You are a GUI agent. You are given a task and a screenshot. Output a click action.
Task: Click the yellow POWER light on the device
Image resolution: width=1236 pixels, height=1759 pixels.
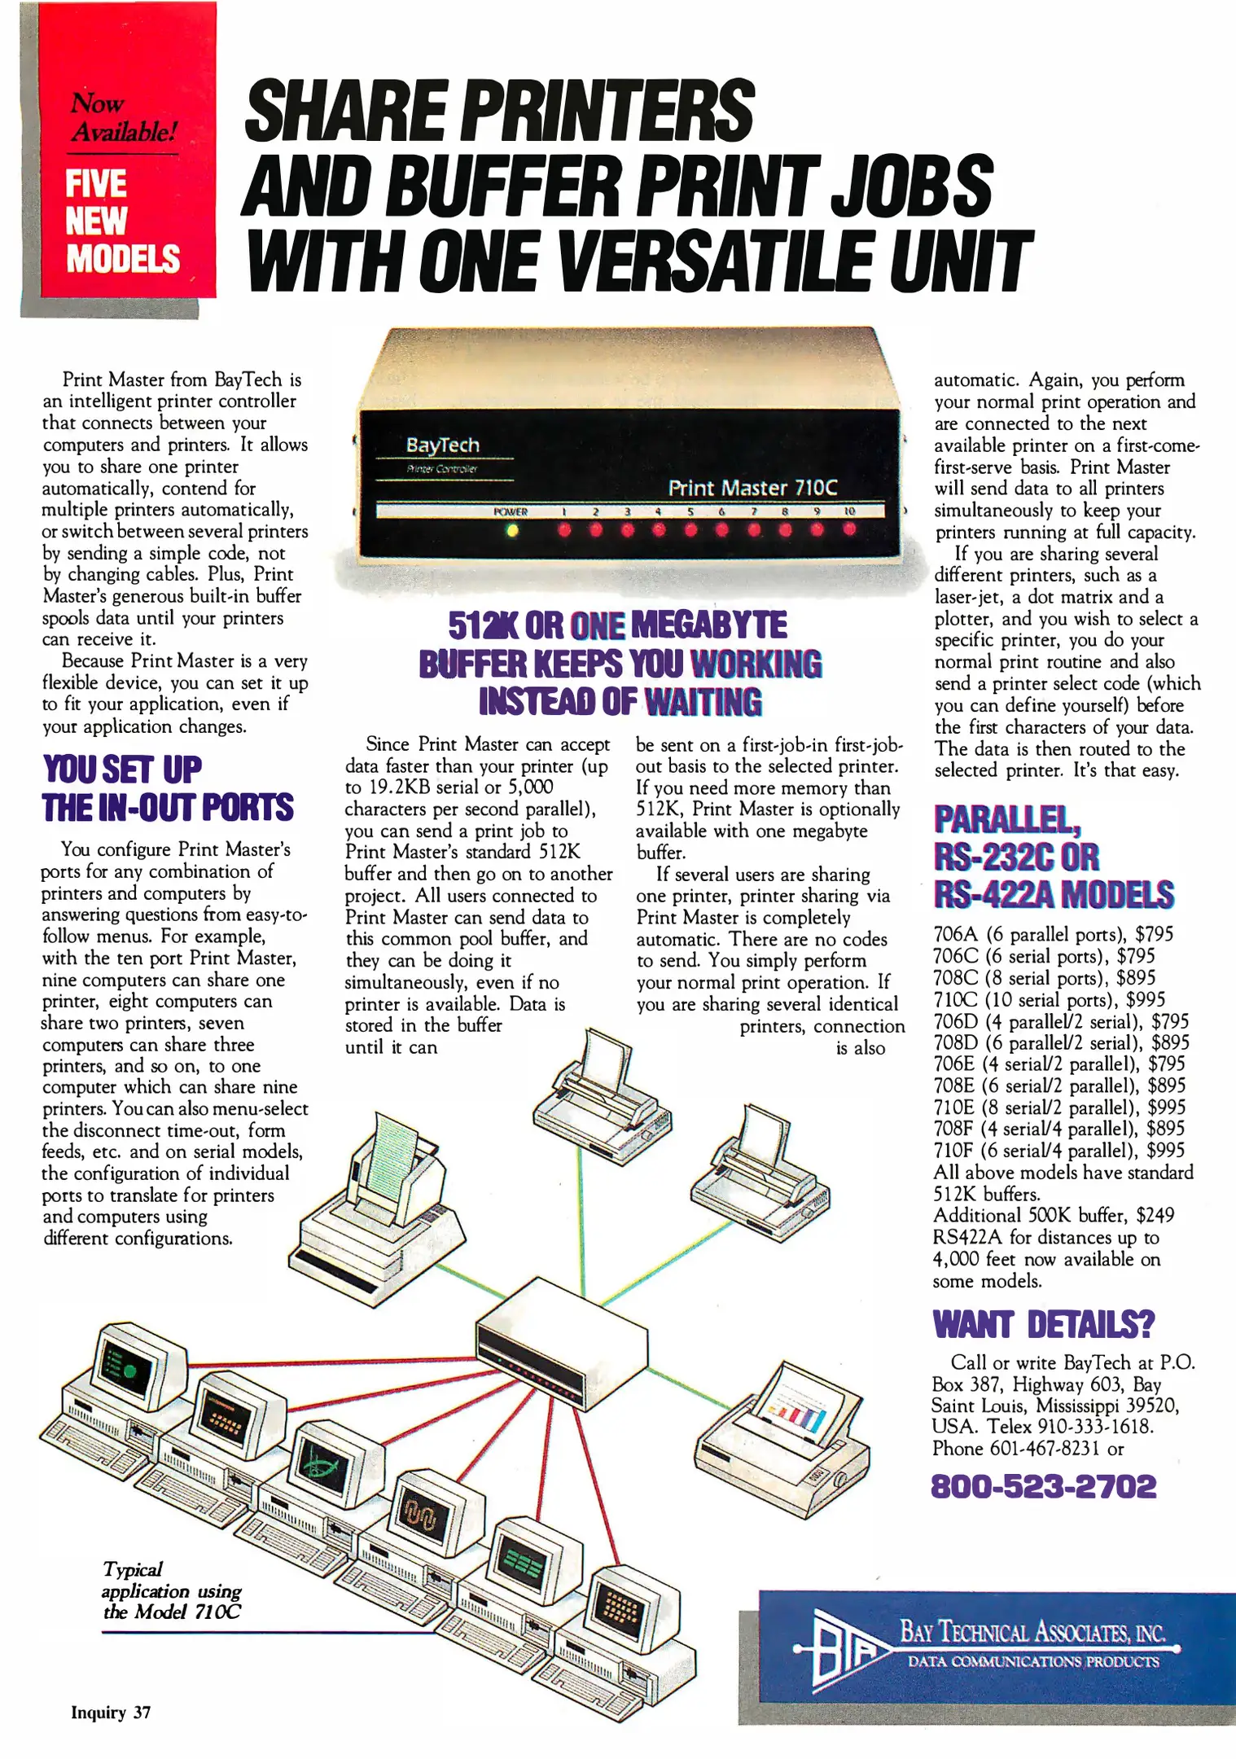(512, 530)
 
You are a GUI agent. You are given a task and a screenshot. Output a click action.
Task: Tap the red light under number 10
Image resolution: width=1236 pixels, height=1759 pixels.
(849, 529)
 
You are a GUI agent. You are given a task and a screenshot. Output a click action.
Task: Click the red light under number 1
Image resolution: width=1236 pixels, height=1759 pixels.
(563, 530)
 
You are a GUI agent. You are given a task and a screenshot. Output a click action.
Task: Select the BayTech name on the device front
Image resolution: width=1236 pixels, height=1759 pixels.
(442, 445)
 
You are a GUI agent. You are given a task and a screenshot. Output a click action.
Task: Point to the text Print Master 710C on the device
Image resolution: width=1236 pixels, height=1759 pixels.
(752, 487)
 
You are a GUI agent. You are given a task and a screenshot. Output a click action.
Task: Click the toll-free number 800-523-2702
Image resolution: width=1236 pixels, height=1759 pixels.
(1043, 1486)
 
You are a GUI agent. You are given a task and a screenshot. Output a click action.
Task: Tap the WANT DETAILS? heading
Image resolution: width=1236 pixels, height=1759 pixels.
(1043, 1324)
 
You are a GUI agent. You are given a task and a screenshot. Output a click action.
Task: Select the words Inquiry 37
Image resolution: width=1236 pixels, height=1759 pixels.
(111, 1713)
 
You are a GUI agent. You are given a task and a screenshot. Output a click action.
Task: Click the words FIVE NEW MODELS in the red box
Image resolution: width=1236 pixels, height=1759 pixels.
(122, 221)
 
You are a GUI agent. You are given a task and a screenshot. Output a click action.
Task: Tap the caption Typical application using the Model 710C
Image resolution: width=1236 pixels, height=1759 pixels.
(172, 1590)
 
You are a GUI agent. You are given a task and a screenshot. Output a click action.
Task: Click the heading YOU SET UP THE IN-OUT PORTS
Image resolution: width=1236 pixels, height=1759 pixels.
(167, 788)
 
